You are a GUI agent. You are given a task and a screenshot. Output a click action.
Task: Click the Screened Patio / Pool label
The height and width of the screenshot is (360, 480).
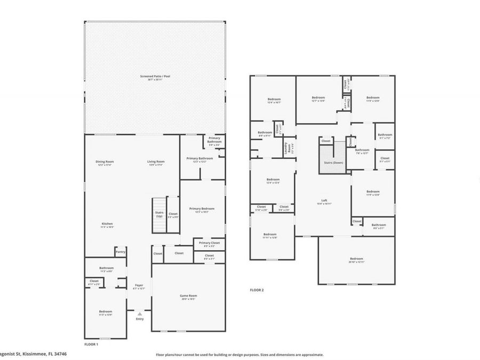click(155, 76)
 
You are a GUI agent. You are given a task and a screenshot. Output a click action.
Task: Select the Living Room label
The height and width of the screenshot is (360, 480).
click(156, 162)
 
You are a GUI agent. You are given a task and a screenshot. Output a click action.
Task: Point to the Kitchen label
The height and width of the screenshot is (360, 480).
click(107, 223)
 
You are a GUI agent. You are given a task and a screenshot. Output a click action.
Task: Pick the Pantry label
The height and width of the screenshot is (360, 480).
click(121, 252)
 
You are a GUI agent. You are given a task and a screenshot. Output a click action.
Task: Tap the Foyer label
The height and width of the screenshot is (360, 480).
click(139, 285)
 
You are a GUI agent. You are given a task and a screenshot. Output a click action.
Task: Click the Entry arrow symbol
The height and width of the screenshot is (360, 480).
click(139, 314)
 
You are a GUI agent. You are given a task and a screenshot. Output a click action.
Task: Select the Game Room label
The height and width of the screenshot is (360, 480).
click(188, 295)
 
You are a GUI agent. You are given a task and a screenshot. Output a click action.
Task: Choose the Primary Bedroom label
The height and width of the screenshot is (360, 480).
click(202, 209)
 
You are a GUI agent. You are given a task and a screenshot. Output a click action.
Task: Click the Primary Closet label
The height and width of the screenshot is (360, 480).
click(209, 243)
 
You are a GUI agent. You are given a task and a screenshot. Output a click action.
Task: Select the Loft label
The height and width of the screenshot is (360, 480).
click(324, 201)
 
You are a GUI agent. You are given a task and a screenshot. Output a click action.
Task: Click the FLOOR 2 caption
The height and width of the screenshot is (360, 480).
click(257, 290)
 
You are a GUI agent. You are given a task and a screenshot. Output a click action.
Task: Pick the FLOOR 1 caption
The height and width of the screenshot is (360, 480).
click(92, 344)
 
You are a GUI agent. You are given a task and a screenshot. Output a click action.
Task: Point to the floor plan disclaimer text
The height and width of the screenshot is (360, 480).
click(239, 354)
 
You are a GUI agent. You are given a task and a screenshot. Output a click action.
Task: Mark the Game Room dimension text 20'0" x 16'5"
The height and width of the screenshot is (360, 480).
click(188, 299)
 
